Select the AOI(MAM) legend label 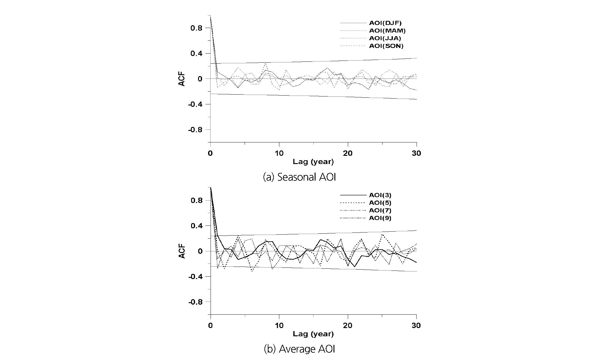click(x=387, y=31)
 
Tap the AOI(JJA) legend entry click(x=385, y=38)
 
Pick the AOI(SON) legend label click(x=386, y=46)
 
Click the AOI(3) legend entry click(x=380, y=195)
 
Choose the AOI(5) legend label click(x=380, y=203)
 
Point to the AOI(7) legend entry click(x=380, y=211)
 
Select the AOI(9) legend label click(x=380, y=218)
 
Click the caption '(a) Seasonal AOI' click(x=299, y=177)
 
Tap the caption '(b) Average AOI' click(x=299, y=349)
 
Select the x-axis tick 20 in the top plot click(x=348, y=153)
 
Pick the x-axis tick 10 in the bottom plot click(x=279, y=326)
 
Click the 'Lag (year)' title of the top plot click(x=313, y=162)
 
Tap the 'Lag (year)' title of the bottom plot click(x=313, y=334)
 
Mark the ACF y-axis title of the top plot click(x=182, y=79)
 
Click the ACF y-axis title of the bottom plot click(x=182, y=251)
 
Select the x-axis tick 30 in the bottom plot click(x=416, y=326)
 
